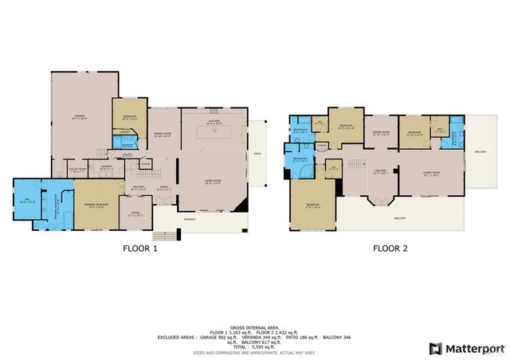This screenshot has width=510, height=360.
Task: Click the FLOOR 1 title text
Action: click(x=139, y=248)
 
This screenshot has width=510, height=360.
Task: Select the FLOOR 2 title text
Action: click(x=390, y=248)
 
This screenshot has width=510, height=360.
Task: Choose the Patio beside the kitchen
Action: click(x=257, y=155)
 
